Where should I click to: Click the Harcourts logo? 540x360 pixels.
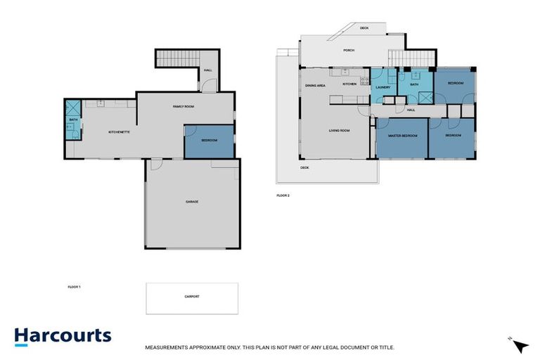tap(63, 335)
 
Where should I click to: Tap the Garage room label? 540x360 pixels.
tap(191, 202)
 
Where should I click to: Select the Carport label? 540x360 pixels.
tap(191, 297)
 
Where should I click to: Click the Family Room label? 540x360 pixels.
tap(184, 106)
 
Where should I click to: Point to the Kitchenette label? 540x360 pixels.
tap(117, 132)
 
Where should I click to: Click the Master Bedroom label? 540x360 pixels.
tap(403, 135)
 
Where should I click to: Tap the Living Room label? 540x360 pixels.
tap(340, 131)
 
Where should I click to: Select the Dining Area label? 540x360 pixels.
tap(315, 85)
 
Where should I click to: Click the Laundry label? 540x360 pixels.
tap(382, 86)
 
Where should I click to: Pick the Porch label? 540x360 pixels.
tap(348, 51)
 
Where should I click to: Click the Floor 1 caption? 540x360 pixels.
tap(74, 287)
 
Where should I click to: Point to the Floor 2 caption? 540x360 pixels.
tap(283, 195)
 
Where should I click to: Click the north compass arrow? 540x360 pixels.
tap(520, 346)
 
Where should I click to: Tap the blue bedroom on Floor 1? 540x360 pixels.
tap(209, 141)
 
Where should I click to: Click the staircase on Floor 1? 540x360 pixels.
tap(172, 59)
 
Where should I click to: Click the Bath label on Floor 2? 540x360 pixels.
tap(415, 85)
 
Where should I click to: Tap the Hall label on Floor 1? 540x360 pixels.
tap(208, 70)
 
